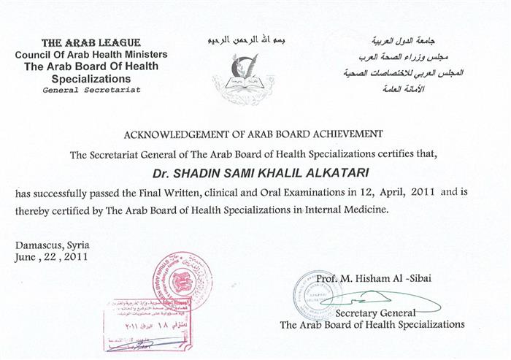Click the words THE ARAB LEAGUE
(x=91, y=43)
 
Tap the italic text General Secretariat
(x=91, y=90)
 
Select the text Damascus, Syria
(x=48, y=245)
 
